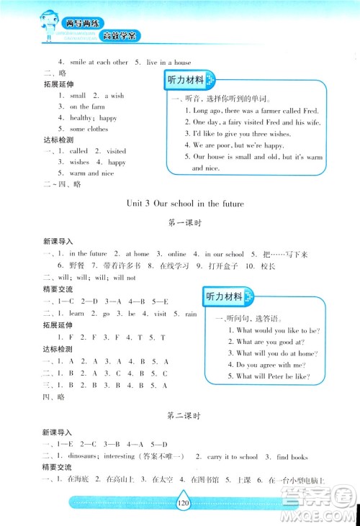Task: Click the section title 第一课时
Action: [x=181, y=223]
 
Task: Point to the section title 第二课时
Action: [x=181, y=416]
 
